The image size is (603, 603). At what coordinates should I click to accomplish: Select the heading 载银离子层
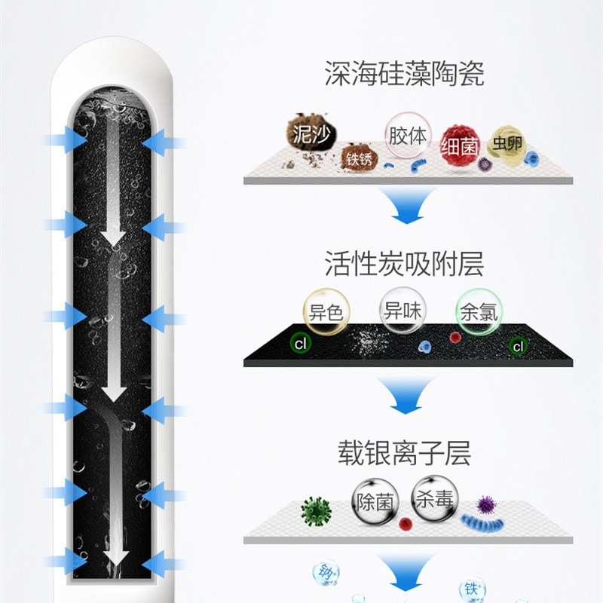pos(404,454)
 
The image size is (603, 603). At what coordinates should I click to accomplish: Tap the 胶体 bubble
pos(407,136)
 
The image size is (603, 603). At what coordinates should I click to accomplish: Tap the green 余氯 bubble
pos(479,311)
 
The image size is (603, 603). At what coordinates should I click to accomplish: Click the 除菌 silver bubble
pos(375,501)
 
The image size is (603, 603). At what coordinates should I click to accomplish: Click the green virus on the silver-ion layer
pos(316,511)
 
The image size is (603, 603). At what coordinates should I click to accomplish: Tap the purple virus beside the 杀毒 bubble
pos(484,503)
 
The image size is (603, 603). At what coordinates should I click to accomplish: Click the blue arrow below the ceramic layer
pos(407,206)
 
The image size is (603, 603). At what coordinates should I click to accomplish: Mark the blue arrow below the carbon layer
pos(407,396)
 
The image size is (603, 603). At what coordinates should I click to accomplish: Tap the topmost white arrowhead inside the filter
pos(114,239)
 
